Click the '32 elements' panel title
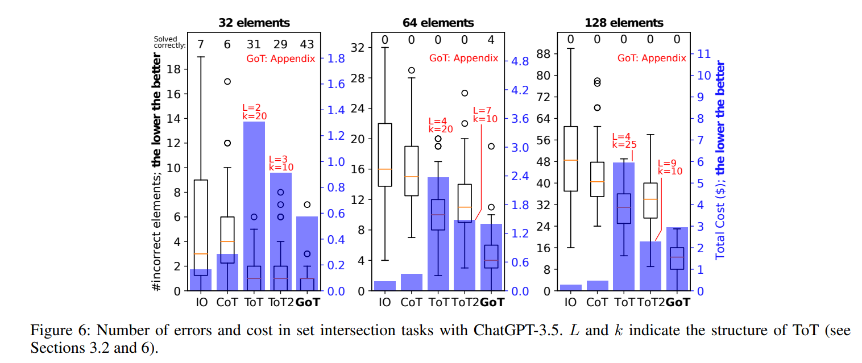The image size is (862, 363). click(254, 23)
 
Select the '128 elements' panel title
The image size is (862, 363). click(624, 23)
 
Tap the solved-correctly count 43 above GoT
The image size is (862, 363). click(308, 44)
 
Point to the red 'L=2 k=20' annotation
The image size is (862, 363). click(254, 111)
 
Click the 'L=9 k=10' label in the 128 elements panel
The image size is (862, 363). click(669, 166)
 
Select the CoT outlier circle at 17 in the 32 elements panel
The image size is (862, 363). click(227, 81)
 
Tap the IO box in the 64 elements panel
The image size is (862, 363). click(385, 155)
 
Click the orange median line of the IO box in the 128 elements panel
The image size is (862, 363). click(570, 160)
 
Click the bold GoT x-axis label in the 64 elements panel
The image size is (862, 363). click(492, 303)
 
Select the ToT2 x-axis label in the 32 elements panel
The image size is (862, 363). click(281, 303)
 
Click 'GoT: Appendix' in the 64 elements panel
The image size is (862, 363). click(464, 58)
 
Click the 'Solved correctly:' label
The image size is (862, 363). click(165, 42)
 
